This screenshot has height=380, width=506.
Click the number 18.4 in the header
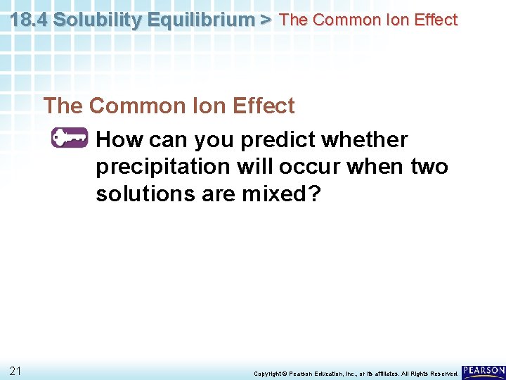point(30,20)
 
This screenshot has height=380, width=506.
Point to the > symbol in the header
point(265,20)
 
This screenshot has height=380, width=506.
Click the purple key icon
point(69,138)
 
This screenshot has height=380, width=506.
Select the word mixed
point(270,194)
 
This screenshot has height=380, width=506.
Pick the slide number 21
point(16,370)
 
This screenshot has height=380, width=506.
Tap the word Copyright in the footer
point(266,373)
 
